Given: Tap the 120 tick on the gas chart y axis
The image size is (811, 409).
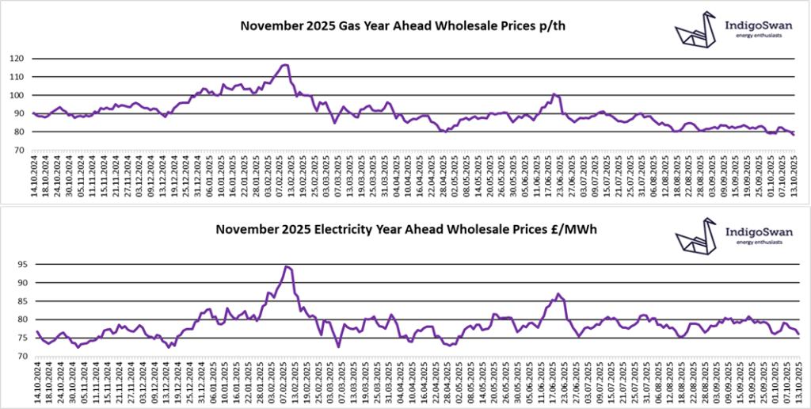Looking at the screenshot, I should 17,59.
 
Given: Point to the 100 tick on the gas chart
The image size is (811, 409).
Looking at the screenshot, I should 17,95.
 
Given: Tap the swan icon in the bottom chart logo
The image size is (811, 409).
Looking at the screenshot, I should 695,235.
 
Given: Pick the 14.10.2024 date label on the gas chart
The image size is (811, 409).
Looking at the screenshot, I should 36,178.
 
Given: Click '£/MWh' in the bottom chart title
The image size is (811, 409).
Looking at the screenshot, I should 575,230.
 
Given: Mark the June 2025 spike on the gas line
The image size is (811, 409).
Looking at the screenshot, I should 554,94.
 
